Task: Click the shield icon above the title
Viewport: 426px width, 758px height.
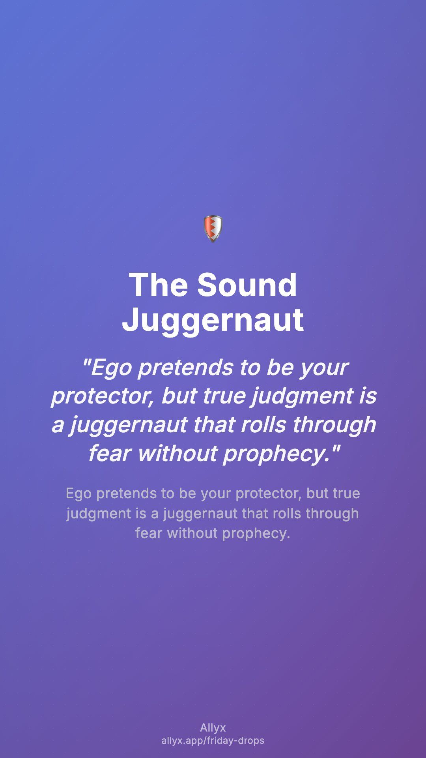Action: click(213, 229)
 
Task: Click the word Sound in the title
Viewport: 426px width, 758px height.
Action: click(247, 285)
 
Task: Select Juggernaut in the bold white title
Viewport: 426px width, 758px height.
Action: click(213, 320)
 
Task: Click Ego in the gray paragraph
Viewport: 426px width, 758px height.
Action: click(79, 493)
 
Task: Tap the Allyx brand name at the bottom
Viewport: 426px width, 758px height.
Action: click(213, 728)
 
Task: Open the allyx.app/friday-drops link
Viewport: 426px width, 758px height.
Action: click(213, 741)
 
